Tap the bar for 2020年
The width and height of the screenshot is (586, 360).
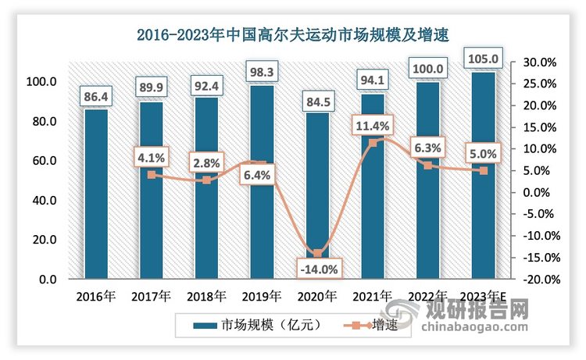pyautogui.click(x=316, y=195)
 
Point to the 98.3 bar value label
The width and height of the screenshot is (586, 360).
pyautogui.click(x=261, y=71)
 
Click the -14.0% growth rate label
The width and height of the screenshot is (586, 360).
pyautogui.click(x=316, y=269)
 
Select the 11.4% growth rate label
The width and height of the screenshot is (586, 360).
pyautogui.click(x=372, y=123)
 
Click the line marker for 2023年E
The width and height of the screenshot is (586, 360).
pyautogui.click(x=484, y=170)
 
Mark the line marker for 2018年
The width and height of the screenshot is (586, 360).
pyautogui.click(x=206, y=180)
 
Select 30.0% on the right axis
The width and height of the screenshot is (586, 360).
pyautogui.click(x=538, y=62)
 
